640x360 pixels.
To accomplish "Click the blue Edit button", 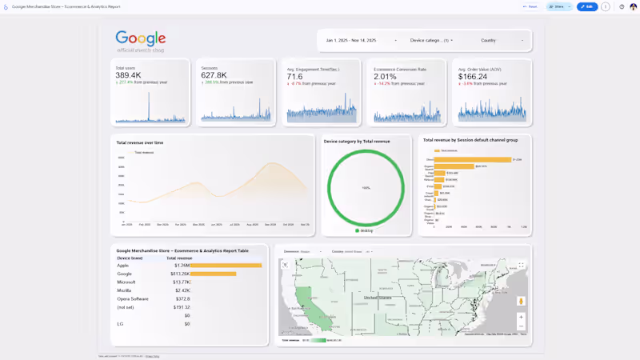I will tap(587, 6).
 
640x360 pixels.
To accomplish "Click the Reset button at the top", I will tap(530, 6).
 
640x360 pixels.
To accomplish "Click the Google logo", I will tap(141, 38).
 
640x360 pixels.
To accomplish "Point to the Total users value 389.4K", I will tap(128, 75).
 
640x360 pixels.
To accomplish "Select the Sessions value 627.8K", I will tap(214, 75).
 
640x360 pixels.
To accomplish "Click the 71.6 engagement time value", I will tap(294, 77).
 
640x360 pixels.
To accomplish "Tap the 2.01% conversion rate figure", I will tap(385, 77).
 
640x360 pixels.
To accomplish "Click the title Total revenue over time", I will tap(140, 142).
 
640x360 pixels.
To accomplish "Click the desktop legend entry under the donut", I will tap(364, 230).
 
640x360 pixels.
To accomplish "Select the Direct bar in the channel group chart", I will tap(473, 159).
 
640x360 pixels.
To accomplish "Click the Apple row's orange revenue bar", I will tap(227, 266).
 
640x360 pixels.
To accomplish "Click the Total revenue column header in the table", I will tap(179, 258).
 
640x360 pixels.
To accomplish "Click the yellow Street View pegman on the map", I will tap(521, 301).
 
